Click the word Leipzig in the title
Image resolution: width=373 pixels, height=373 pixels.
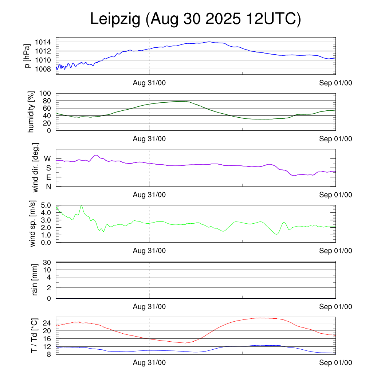115,20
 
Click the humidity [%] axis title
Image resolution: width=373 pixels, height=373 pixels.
31,112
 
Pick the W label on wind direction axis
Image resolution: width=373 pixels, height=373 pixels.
47,158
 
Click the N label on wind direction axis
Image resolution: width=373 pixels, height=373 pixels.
48,186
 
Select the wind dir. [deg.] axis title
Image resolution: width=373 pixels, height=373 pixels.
36,168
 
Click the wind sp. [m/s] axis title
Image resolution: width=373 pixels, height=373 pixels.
33,224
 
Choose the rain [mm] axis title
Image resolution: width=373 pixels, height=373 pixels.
35,280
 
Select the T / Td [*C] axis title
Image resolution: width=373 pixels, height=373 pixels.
34,335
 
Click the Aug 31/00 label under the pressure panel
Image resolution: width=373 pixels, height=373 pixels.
149,83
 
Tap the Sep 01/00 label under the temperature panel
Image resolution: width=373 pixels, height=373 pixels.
335,363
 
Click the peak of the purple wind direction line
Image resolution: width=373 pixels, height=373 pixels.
96,155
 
